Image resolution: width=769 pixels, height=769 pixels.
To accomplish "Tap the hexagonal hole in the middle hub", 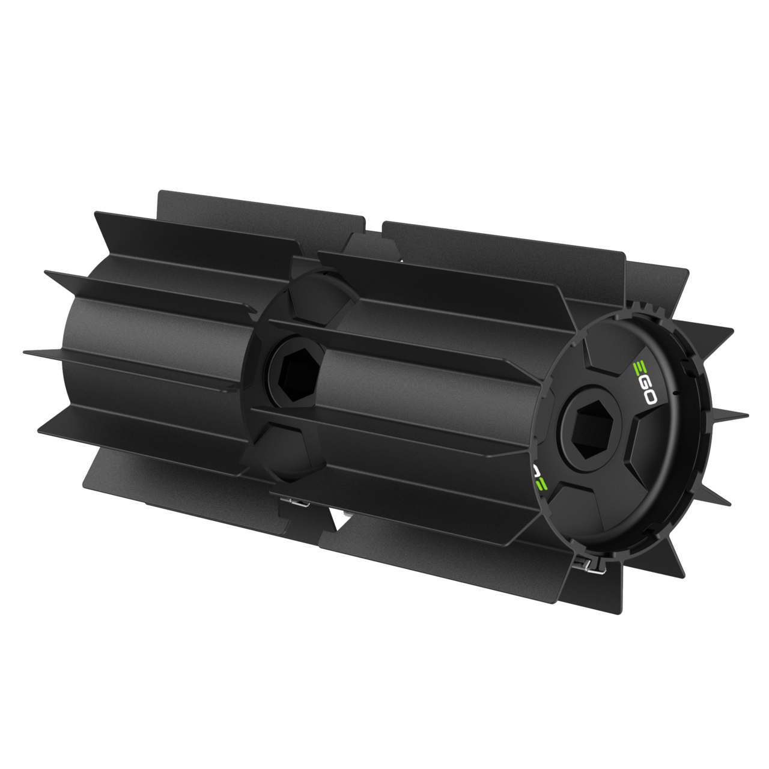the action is click(297, 371).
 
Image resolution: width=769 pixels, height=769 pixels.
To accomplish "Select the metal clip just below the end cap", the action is click(589, 567).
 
